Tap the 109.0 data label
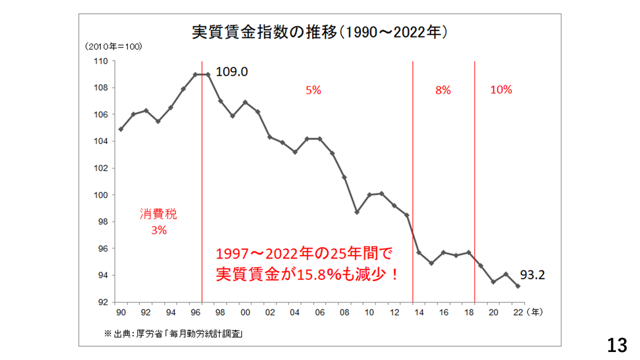pos(232,72)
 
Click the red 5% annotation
pos(313,91)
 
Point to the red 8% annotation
pos(443,91)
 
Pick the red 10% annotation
pos(501,90)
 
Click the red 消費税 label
pos(159,215)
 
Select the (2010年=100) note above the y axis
pos(112,47)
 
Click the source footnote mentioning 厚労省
pos(174,334)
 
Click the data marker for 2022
pos(518,286)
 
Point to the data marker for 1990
pos(121,129)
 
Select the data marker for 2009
pos(357,212)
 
